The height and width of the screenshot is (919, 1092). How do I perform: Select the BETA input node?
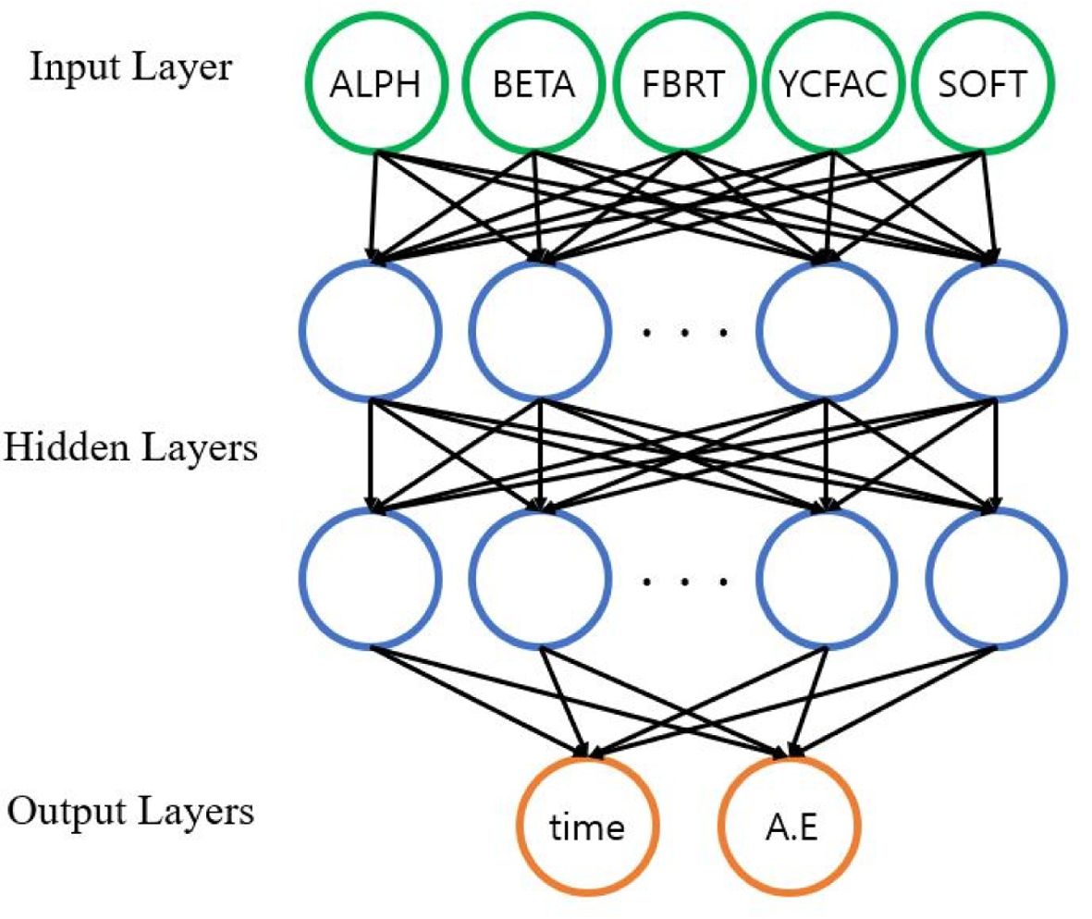pos(534,84)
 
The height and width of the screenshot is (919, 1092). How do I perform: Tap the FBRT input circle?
pos(683,84)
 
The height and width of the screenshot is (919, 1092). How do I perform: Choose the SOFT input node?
pos(982,84)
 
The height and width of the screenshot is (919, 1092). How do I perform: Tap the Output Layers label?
pos(130,812)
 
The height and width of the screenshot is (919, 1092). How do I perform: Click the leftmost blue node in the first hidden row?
pos(369,330)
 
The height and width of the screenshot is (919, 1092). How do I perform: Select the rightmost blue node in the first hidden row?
pos(998,330)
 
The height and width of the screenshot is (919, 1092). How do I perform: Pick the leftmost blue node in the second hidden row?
pos(369,580)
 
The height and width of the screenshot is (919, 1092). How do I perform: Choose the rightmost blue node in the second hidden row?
pos(998,580)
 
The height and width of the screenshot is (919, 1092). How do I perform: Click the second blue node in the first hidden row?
pos(539,330)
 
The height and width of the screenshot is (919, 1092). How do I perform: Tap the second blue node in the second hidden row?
pos(539,580)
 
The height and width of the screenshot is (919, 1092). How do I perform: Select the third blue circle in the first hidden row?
pos(826,330)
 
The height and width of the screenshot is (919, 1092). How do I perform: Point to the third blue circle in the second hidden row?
pos(826,580)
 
